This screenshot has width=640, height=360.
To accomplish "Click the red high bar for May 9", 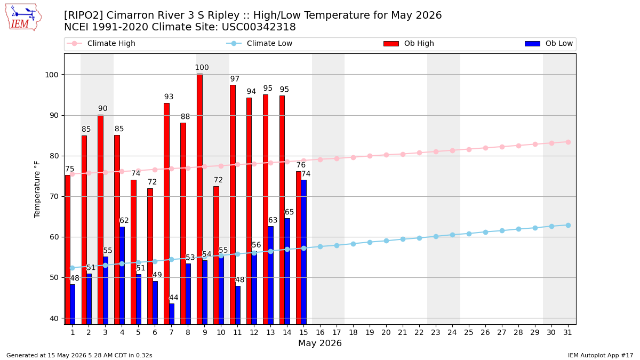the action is click(199, 199).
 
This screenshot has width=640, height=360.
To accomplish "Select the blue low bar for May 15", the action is click(303, 252).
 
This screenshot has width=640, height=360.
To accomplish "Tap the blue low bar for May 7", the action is click(172, 314).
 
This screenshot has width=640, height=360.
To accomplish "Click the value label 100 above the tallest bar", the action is click(202, 67).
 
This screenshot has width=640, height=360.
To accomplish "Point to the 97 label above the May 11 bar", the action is click(235, 78).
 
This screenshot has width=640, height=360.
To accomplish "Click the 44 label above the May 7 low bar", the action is click(174, 298).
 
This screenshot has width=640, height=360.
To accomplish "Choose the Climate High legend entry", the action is click(101, 43).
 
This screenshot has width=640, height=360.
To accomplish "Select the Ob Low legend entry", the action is click(549, 43).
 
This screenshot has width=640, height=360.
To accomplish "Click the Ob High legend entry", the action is click(409, 43).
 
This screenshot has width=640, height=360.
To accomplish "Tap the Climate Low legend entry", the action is click(259, 43).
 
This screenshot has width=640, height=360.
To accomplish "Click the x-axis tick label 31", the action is click(567, 333).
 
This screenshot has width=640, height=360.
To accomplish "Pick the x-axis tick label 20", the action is click(386, 333).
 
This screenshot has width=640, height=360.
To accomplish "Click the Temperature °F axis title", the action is click(37, 189).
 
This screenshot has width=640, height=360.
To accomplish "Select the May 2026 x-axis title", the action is click(320, 343).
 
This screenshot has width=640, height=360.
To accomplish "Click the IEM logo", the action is click(23, 18).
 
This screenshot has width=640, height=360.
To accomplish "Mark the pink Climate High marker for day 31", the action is click(569, 142).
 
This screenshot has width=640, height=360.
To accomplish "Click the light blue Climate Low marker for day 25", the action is click(469, 234).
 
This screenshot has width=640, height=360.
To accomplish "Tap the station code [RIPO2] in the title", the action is click(83, 15).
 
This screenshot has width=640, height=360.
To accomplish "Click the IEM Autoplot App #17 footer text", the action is click(601, 355).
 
